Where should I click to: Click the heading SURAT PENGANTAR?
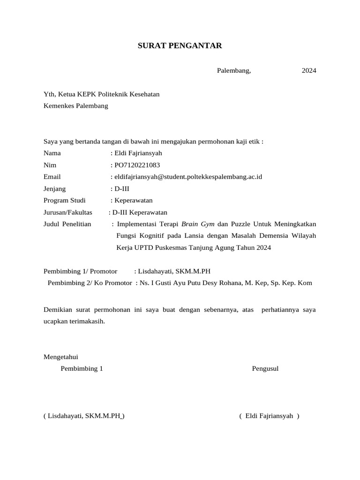tap(180, 46)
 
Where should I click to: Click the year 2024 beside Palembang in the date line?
tap(308, 71)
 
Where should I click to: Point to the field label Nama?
tap(52, 153)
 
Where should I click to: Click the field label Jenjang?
tap(55, 188)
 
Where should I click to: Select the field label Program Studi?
tap(65, 200)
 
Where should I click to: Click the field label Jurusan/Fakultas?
tap(68, 212)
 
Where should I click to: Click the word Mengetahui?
tap(60, 357)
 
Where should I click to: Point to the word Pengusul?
tap(265, 368)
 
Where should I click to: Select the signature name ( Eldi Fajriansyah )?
tap(269, 416)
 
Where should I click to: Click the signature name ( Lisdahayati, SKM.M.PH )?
tap(84, 416)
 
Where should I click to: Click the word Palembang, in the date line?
tap(234, 71)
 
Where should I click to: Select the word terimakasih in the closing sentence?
tap(89, 321)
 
